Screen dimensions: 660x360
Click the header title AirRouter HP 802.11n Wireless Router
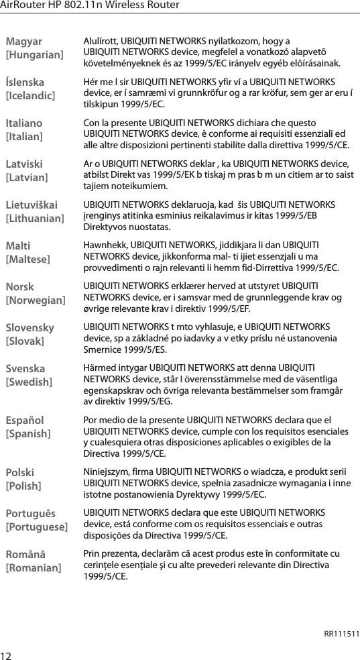[x=90, y=5]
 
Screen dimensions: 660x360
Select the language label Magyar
[x=23, y=42]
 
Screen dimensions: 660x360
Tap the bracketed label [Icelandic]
[x=30, y=95]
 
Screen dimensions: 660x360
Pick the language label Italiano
[x=23, y=123]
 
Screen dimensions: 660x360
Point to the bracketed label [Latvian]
[x=27, y=177]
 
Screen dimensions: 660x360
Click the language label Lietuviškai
[x=32, y=205]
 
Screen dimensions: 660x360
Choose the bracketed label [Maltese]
[x=28, y=259]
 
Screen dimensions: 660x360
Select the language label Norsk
[x=21, y=287]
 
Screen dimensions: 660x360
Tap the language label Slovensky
[x=30, y=328]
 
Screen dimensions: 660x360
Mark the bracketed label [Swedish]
[x=29, y=382]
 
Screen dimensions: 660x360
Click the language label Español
[x=24, y=421]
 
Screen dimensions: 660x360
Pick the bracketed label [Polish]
[x=23, y=486]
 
